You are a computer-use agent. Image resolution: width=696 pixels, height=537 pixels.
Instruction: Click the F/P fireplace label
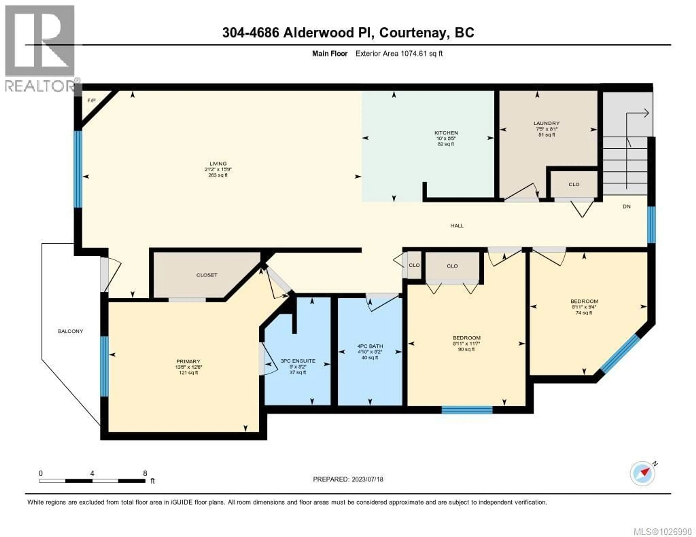[92, 101]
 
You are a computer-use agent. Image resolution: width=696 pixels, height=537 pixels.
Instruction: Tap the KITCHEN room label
[446, 133]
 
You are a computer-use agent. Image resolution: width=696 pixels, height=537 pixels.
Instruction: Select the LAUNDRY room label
[546, 123]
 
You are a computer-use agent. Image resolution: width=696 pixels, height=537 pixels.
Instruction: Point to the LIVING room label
[218, 164]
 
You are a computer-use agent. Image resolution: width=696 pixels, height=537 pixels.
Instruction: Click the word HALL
[457, 226]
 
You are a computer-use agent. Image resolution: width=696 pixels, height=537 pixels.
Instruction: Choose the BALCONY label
[71, 331]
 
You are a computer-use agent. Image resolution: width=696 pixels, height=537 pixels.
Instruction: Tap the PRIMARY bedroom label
[188, 361]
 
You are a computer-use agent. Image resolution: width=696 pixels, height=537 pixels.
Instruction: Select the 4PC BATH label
[370, 346]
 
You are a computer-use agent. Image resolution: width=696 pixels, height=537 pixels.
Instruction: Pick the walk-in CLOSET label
[207, 275]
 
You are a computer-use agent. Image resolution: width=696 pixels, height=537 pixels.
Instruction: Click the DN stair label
[627, 207]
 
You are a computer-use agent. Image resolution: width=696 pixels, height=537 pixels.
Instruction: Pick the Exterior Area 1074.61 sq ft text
[399, 54]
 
